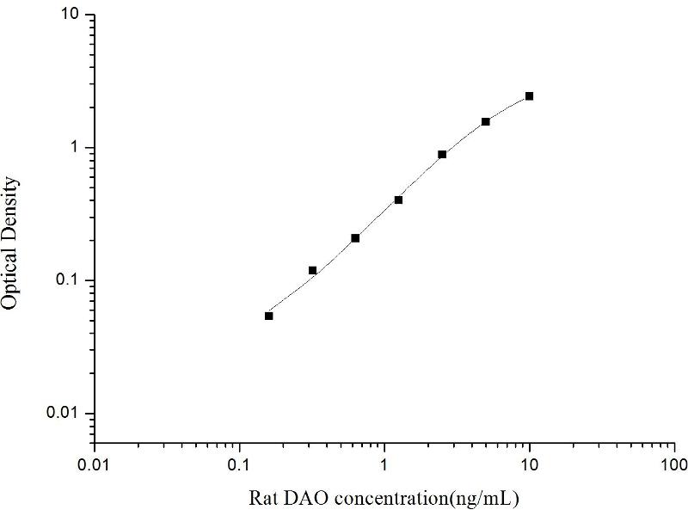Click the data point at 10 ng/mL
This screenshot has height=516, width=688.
[x=529, y=96]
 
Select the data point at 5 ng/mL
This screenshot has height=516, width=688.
[x=486, y=122]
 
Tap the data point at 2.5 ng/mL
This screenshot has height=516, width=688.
[x=442, y=155]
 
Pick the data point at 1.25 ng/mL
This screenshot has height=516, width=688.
[x=398, y=200]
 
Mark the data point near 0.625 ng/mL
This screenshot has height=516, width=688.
[x=355, y=238]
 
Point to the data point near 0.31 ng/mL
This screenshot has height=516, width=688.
[x=312, y=270]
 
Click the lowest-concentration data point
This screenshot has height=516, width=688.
[x=268, y=316]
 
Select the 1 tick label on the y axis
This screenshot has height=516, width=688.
[x=77, y=148]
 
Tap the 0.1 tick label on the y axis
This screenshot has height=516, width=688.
[x=69, y=280]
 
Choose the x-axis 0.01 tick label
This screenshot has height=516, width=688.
[x=95, y=466]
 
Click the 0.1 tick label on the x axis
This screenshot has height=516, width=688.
[x=240, y=466]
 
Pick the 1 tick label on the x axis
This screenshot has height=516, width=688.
[x=384, y=466]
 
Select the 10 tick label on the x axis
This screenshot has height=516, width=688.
[x=530, y=466]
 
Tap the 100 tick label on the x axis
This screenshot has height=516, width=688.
[x=674, y=466]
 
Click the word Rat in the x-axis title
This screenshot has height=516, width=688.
[x=262, y=498]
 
